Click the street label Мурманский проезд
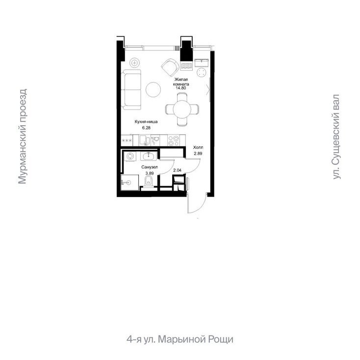click(22, 137)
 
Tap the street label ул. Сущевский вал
click(336, 137)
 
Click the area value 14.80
click(180, 88)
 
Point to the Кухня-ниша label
click(146, 122)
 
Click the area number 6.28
click(146, 128)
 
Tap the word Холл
click(198, 147)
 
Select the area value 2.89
click(198, 154)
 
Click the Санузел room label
click(150, 167)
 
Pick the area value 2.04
click(177, 170)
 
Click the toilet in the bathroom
click(149, 182)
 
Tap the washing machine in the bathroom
click(130, 156)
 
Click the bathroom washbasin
click(149, 156)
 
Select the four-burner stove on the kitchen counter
click(174, 140)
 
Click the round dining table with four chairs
click(182, 109)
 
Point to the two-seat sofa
click(131, 89)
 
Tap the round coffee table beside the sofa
click(154, 89)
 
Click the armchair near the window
click(170, 68)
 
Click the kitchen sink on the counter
click(145, 140)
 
